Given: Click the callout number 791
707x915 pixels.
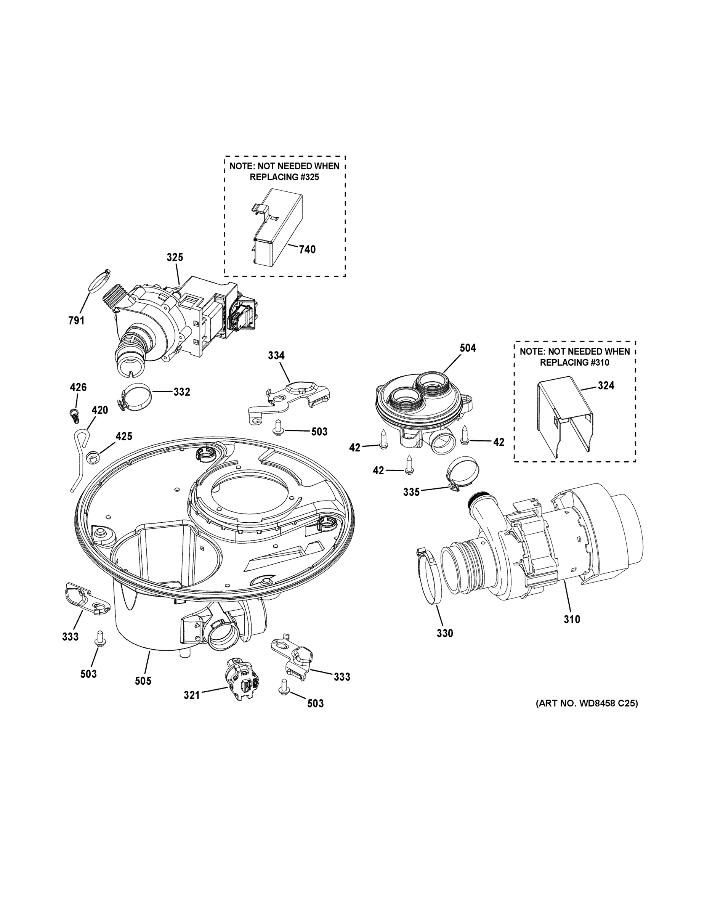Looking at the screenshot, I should pos(76,321).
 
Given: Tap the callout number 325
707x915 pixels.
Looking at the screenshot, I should pos(175,257).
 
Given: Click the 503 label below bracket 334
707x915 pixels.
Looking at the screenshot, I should pos(319,432).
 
